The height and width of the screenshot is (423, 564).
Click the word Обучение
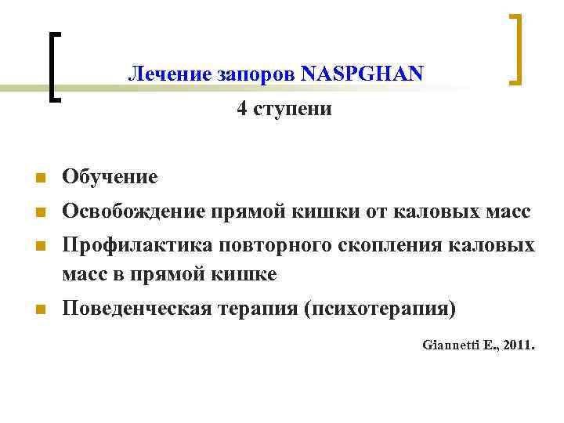[110, 177]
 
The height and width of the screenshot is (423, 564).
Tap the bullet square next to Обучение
[40, 179]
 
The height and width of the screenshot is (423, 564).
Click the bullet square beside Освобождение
[40, 212]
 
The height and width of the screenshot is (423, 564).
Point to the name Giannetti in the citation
[452, 343]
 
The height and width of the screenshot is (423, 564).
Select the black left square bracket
[52, 66]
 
